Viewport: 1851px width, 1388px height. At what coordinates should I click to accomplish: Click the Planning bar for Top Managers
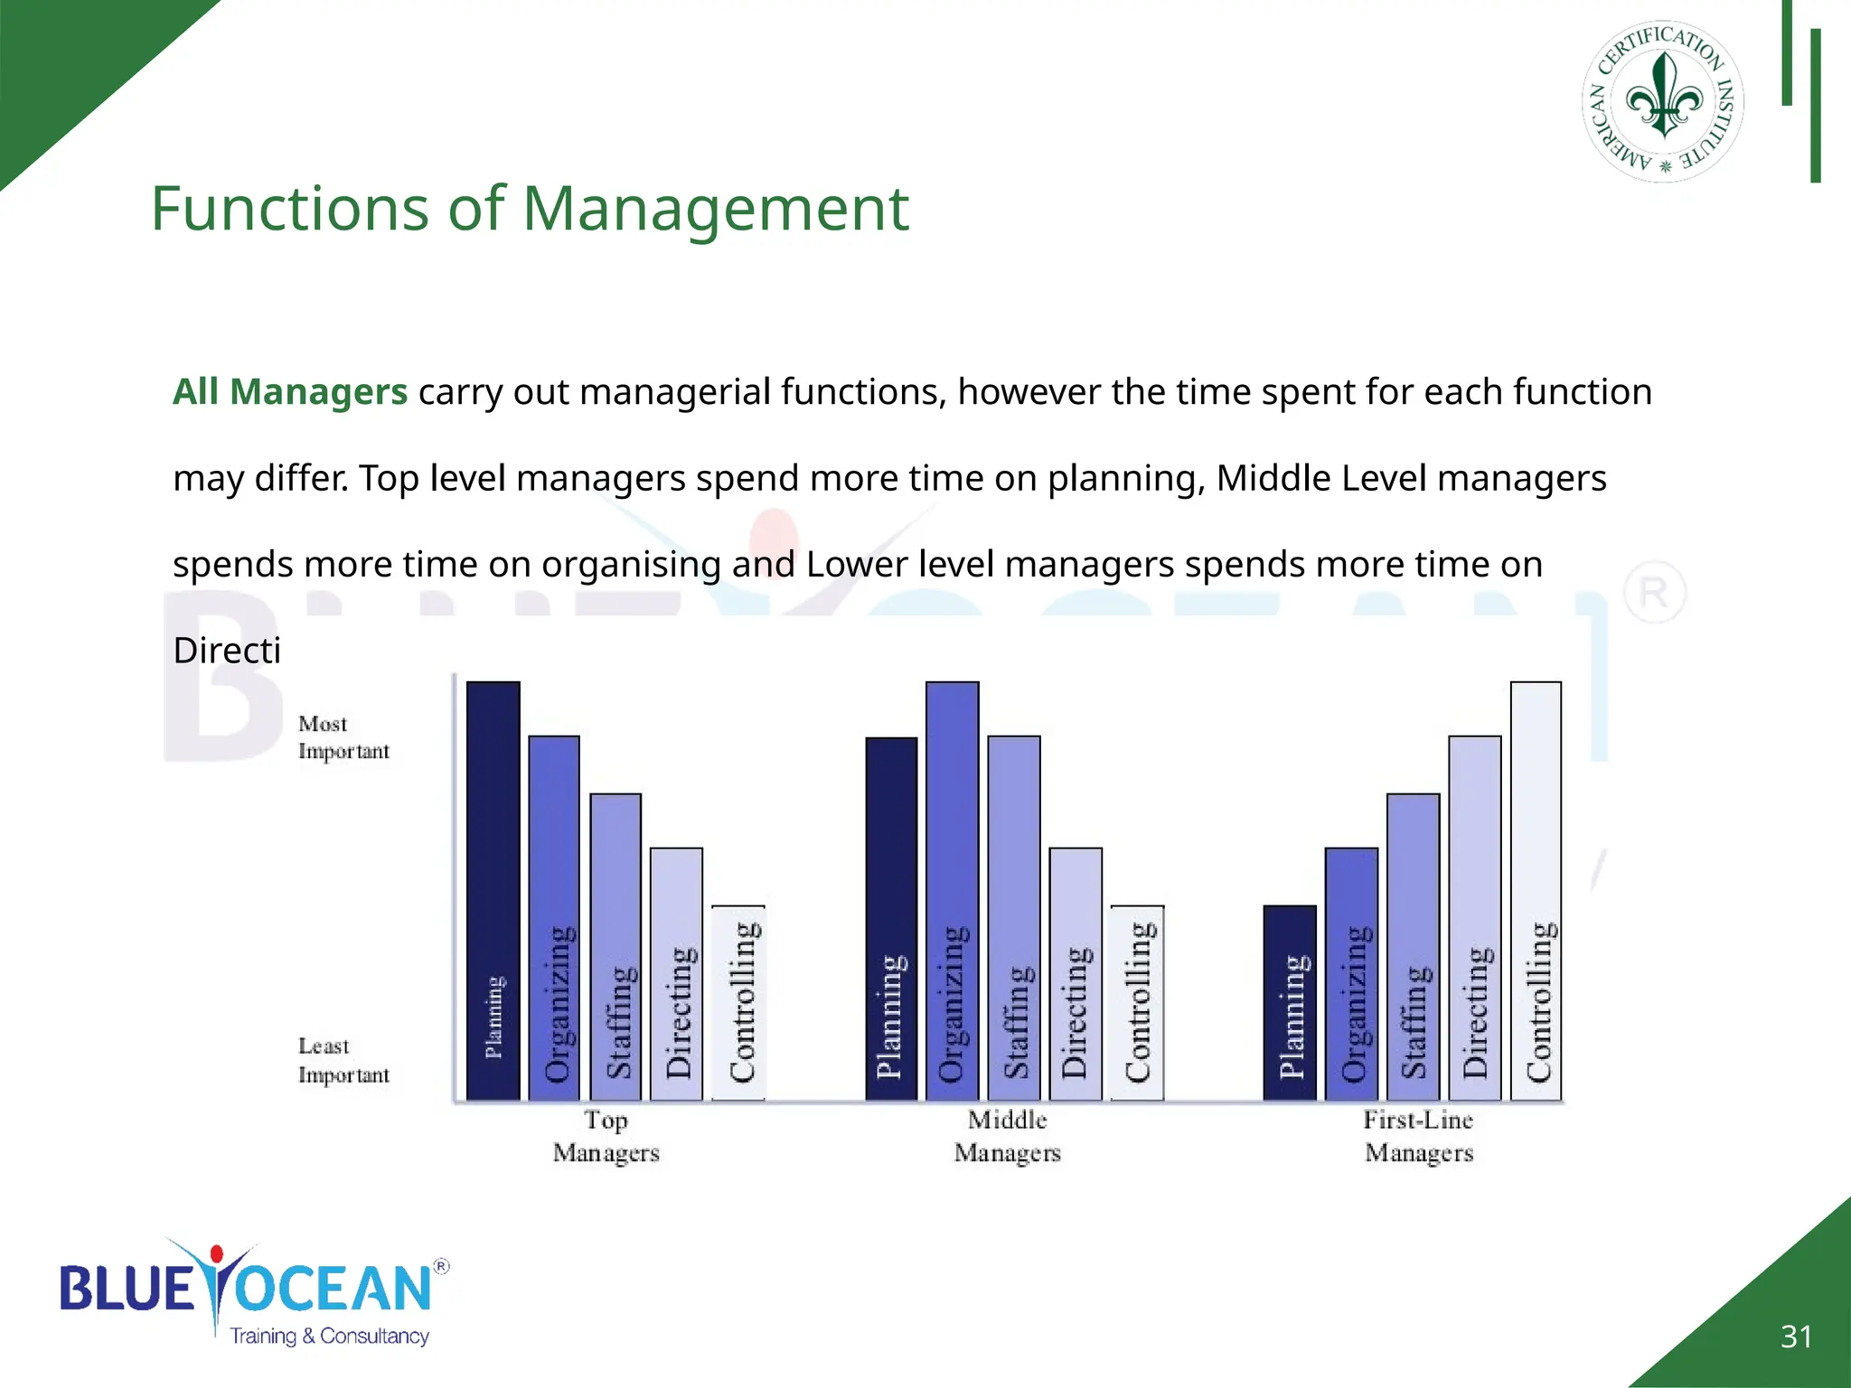coord(493,890)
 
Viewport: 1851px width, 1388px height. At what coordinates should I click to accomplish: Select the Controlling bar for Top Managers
coord(738,1002)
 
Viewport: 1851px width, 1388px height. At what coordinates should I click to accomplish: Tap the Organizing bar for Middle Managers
coord(952,890)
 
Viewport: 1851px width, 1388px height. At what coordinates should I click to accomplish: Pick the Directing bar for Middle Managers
coord(1076,973)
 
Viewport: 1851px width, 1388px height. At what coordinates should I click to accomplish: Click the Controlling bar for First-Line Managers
coord(1536,890)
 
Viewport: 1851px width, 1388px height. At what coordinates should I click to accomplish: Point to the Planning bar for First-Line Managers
coord(1290,1002)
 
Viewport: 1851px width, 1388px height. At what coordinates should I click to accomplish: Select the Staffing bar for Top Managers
coord(615,946)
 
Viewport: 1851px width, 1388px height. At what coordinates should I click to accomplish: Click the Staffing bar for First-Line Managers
coord(1413,946)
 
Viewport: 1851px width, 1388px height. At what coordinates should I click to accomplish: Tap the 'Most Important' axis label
coord(343,737)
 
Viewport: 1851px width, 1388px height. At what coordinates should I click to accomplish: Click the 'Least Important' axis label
coord(343,1060)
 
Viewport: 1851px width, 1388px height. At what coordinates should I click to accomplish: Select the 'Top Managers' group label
coord(606,1136)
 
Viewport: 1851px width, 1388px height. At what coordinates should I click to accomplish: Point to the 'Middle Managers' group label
coord(1007,1136)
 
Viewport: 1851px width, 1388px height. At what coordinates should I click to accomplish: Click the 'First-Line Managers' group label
coord(1418,1136)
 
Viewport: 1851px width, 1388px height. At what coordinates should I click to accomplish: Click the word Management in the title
coord(715,209)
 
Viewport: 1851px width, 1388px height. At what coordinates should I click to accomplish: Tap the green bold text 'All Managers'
coord(290,392)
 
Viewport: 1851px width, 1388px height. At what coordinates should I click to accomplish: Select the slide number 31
coord(1796,1336)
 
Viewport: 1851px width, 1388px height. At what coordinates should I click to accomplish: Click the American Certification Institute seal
coord(1662,101)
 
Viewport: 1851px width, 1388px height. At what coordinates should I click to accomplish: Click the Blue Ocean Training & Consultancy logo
coord(253,1292)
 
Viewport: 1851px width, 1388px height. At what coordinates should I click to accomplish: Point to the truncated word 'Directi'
coord(227,651)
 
